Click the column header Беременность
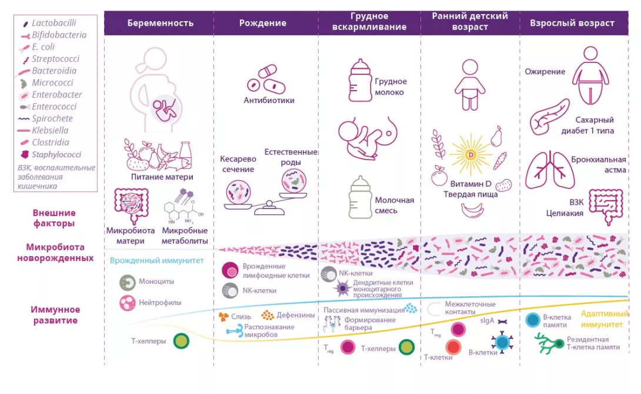[160, 24]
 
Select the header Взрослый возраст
[572, 24]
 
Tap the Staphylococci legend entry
[56, 155]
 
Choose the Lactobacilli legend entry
[54, 23]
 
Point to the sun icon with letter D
[470, 155]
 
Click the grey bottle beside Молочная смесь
[360, 198]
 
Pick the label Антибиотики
[269, 100]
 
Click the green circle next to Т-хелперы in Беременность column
[182, 341]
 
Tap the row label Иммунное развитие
[55, 315]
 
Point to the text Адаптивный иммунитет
[602, 319]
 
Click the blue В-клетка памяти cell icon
[533, 320]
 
